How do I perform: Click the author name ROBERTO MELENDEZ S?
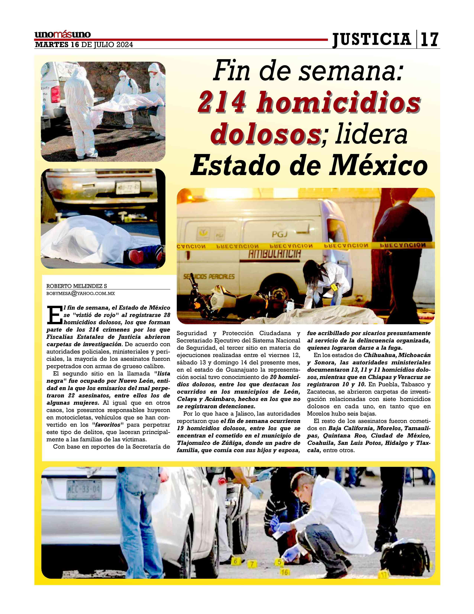[77, 286]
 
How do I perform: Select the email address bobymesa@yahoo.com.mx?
[81, 293]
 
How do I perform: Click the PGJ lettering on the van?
[279, 234]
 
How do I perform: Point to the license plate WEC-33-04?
[83, 490]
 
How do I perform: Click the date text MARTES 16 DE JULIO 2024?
[84, 45]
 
